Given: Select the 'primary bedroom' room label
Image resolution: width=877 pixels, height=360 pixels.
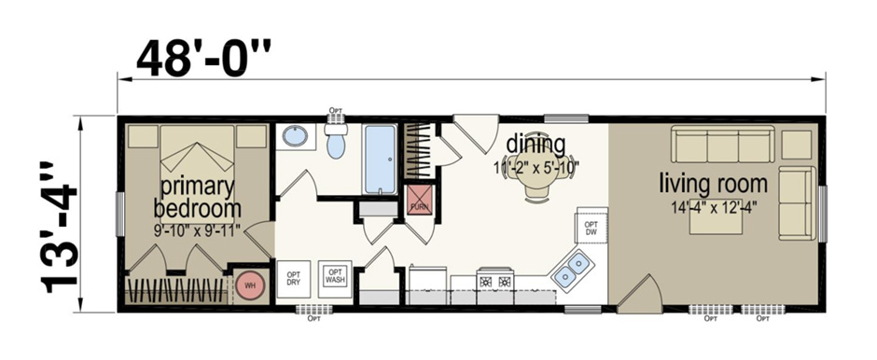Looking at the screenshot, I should click(x=197, y=196).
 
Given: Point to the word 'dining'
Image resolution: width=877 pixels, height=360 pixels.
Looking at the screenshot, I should click(x=536, y=145).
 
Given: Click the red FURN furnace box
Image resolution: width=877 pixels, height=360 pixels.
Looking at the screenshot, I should click(x=418, y=201).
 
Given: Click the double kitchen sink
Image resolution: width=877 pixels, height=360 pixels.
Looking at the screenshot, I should click(x=572, y=270).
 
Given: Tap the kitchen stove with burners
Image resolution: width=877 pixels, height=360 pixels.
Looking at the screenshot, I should click(x=494, y=281).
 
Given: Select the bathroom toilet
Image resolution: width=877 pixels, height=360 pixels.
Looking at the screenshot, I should click(x=337, y=143).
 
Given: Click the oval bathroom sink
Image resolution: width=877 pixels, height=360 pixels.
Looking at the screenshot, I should click(x=295, y=137).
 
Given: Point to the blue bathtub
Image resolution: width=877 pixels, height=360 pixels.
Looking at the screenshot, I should click(x=380, y=159).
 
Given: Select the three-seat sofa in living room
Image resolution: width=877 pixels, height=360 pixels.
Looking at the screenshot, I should click(x=724, y=146).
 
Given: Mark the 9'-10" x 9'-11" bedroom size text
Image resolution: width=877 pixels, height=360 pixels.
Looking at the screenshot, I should click(x=197, y=227).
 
